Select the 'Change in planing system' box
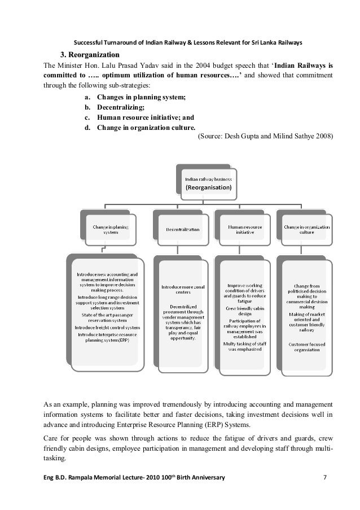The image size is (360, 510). (x=110, y=229)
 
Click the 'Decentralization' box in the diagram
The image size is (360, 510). (x=182, y=230)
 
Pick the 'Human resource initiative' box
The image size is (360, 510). (x=244, y=229)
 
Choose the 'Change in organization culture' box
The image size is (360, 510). (x=306, y=229)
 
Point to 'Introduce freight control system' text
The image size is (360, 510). (x=109, y=328)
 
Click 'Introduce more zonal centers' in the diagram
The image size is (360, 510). (x=182, y=290)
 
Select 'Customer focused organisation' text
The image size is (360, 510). (x=306, y=346)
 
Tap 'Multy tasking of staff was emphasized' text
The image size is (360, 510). (x=244, y=346)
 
